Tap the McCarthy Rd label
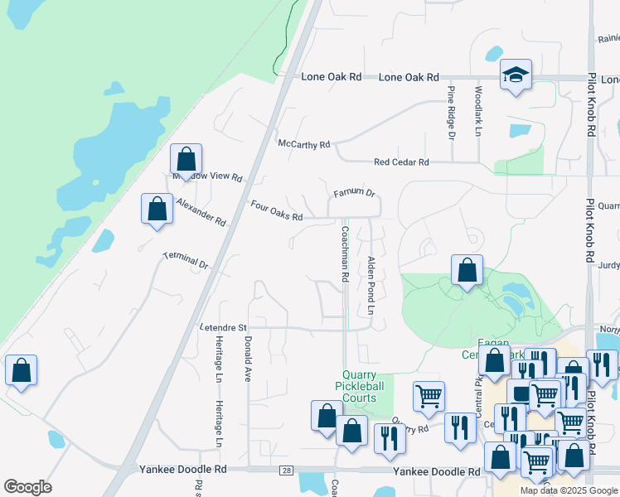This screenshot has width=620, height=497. click(303, 144)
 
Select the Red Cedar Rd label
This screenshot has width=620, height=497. click(401, 162)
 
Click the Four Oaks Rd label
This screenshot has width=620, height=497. click(277, 210)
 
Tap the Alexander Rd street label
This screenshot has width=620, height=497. click(201, 211)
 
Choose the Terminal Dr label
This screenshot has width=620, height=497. click(186, 260)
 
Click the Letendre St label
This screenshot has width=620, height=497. click(223, 328)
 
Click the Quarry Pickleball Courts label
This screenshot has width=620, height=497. click(362, 386)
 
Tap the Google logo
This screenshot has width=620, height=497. click(27, 486)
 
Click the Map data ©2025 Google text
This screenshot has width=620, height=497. click(569, 491)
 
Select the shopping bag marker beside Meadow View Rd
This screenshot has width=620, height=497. click(186, 158)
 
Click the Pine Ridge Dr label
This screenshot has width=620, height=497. click(452, 112)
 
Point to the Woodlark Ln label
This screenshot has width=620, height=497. click(478, 111)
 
